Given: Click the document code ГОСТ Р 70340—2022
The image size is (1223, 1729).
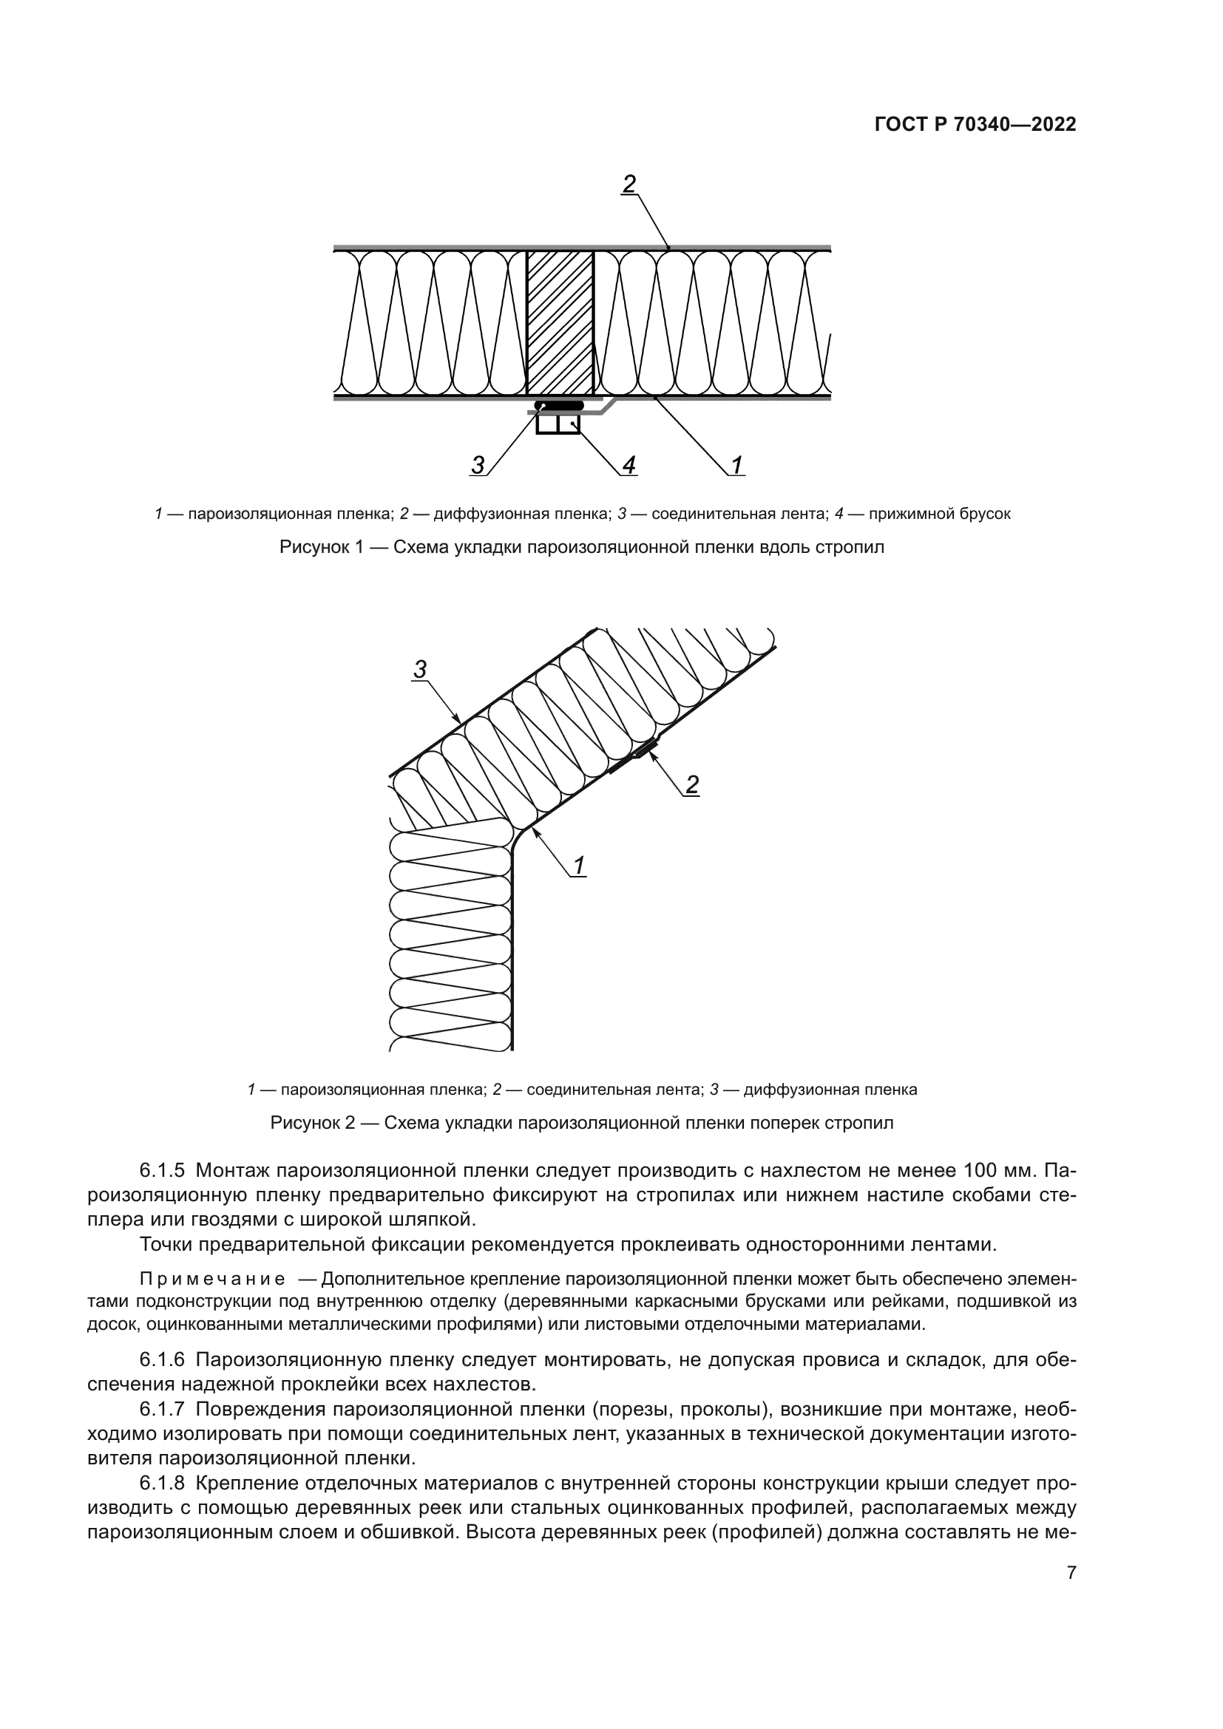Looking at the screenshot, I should [x=975, y=125].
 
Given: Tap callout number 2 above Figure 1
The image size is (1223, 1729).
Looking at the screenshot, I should [x=629, y=183].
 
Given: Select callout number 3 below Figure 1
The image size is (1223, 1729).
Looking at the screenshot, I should [x=478, y=465].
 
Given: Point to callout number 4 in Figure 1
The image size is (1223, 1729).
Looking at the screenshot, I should [x=629, y=465].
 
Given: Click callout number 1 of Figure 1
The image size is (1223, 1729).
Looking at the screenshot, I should [x=737, y=465].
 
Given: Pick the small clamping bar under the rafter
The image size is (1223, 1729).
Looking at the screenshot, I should [x=558, y=425].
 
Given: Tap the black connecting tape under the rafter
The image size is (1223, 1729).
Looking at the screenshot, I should [x=560, y=406].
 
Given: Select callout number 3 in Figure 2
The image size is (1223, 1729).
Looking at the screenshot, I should [x=420, y=668].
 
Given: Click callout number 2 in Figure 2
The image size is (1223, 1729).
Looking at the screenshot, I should [x=691, y=785].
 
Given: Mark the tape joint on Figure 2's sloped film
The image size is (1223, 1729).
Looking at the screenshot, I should [x=635, y=758].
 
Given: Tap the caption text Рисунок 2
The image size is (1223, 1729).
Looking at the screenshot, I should [x=312, y=1124].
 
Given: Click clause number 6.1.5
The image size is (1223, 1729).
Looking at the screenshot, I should [x=162, y=1170].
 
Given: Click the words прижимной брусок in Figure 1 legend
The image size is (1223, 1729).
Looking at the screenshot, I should [x=939, y=514].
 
